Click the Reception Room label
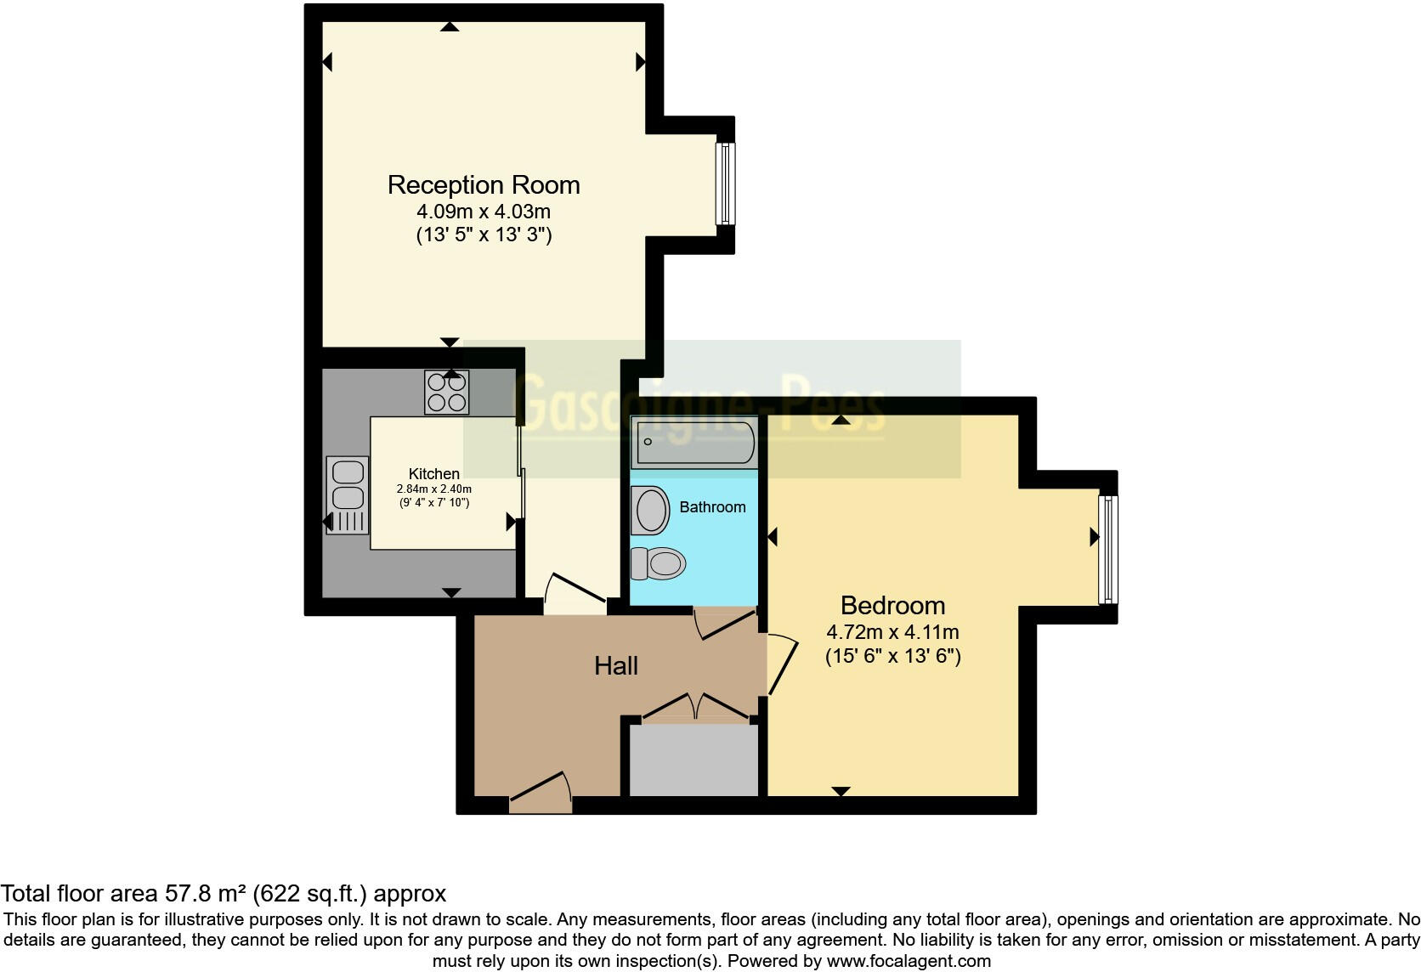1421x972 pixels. [x=484, y=184]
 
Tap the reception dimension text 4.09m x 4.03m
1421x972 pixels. [x=484, y=211]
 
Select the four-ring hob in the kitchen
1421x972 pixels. [x=446, y=393]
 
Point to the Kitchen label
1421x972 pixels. [x=433, y=474]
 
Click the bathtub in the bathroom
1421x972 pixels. [x=694, y=442]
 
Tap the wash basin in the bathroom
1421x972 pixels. [x=651, y=510]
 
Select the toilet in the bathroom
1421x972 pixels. [x=659, y=562]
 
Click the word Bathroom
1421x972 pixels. [x=712, y=507]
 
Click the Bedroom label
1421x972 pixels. [x=892, y=605]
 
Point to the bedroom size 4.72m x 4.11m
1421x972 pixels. [x=892, y=632]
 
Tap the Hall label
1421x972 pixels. [x=616, y=665]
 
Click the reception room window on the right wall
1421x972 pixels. [x=725, y=184]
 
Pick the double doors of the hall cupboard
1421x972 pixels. [x=694, y=707]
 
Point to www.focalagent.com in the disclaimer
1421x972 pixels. [x=909, y=962]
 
